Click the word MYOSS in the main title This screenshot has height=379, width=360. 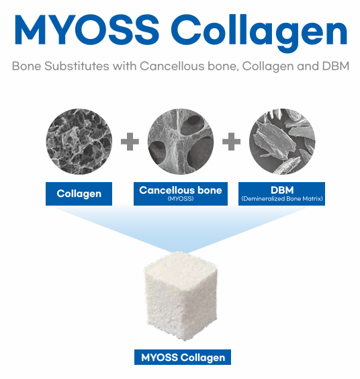pyautogui.click(x=87, y=30)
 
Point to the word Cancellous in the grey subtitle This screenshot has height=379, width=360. pyautogui.click(x=172, y=66)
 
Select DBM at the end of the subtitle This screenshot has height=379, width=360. pyautogui.click(x=336, y=66)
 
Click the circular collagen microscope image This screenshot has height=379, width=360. pyautogui.click(x=79, y=141)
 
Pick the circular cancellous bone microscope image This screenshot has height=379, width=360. pyautogui.click(x=181, y=141)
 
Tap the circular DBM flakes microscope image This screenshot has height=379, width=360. pyautogui.click(x=282, y=141)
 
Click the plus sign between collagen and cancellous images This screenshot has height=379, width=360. pyautogui.click(x=130, y=141)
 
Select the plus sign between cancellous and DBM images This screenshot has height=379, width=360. pyautogui.click(x=231, y=141)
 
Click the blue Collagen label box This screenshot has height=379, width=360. pyautogui.click(x=79, y=194)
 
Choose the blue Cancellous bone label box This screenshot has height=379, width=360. pyautogui.click(x=181, y=194)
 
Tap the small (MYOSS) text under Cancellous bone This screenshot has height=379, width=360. pyautogui.click(x=181, y=199)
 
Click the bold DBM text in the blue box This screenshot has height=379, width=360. pyautogui.click(x=282, y=190)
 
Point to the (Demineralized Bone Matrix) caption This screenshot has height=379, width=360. pyautogui.click(x=282, y=199)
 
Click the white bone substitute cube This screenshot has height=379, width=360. pyautogui.click(x=181, y=296)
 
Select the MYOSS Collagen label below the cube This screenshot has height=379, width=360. pyautogui.click(x=183, y=357)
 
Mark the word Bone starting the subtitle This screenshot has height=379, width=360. pyautogui.click(x=27, y=66)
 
